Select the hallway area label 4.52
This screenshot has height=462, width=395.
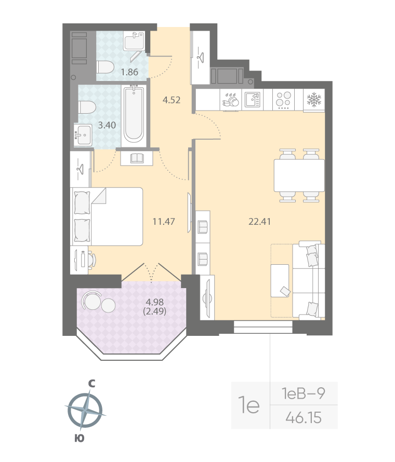coord(171,100)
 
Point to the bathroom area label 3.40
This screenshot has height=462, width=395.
coord(107,125)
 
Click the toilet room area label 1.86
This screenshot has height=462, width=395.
coord(129,72)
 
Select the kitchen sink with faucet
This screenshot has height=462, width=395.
coord(253,99)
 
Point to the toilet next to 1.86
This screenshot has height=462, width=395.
coord(106,67)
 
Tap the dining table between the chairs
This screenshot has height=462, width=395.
coord(299,175)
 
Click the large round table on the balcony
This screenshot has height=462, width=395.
coord(91,301)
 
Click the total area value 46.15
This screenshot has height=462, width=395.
coord(304,417)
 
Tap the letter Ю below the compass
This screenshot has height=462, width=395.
coord(79,439)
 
